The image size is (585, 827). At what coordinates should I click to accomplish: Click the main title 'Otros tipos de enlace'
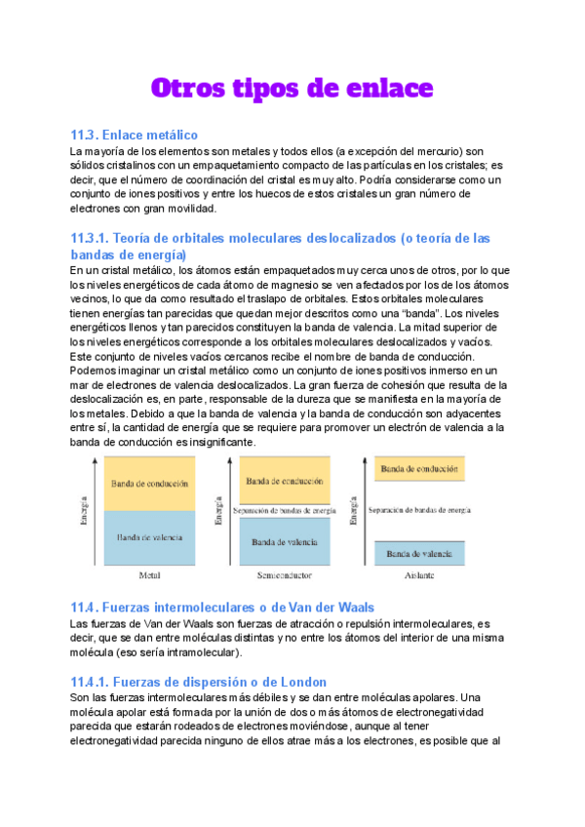292,88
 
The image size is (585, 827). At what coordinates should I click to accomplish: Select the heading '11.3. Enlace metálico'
135,135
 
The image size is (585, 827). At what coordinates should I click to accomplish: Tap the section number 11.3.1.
91,238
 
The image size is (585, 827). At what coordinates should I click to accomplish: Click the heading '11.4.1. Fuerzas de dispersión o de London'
198,682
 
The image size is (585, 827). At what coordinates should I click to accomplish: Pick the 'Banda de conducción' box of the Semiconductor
285,482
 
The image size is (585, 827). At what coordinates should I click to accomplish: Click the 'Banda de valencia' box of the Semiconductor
285,542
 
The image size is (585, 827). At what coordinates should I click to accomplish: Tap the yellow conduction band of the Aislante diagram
421,469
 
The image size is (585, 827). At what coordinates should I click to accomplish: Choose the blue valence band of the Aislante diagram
421,553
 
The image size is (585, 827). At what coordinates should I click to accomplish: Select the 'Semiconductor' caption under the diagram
285,576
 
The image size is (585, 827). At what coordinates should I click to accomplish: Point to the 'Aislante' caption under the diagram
420,576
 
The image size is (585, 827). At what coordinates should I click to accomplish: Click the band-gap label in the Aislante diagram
420,510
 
